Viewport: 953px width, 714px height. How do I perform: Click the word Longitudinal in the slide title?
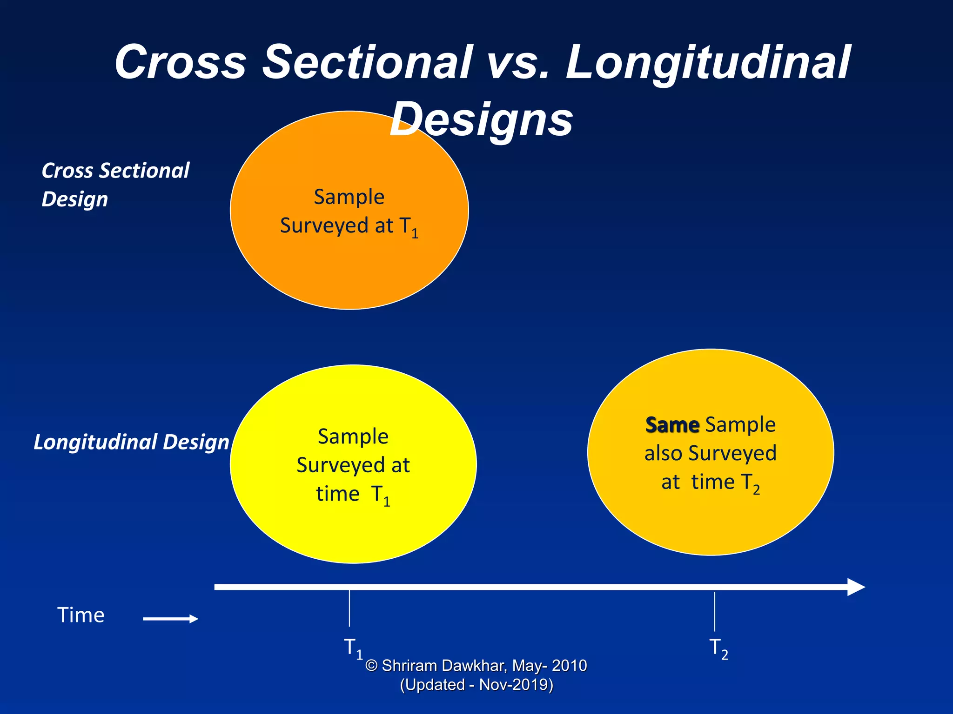click(x=707, y=63)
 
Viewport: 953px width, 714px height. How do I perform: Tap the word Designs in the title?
click(x=481, y=120)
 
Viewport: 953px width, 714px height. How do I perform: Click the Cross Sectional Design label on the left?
click(x=115, y=185)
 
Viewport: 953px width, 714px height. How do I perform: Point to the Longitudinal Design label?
click(x=131, y=442)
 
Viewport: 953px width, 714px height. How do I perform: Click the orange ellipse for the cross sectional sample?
click(x=349, y=270)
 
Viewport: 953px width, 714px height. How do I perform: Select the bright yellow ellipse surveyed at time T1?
click(x=353, y=530)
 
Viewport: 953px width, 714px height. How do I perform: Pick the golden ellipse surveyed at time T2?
click(x=711, y=521)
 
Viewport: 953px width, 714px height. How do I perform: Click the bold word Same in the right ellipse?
click(x=672, y=425)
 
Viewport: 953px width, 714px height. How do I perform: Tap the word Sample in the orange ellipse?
click(x=349, y=197)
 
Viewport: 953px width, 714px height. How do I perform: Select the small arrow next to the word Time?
click(x=170, y=619)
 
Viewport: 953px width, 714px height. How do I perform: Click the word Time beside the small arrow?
click(x=81, y=615)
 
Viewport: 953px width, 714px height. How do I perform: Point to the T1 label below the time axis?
click(x=353, y=648)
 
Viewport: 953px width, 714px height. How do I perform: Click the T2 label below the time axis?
click(x=718, y=648)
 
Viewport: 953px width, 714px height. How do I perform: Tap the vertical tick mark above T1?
click(x=349, y=608)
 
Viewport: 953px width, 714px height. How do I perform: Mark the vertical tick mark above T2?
click(x=714, y=611)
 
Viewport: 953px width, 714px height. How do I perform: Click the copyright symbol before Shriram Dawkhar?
click(x=371, y=666)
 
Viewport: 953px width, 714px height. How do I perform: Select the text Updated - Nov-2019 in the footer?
click(x=476, y=685)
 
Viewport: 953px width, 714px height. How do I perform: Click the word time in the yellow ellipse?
click(x=338, y=494)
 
